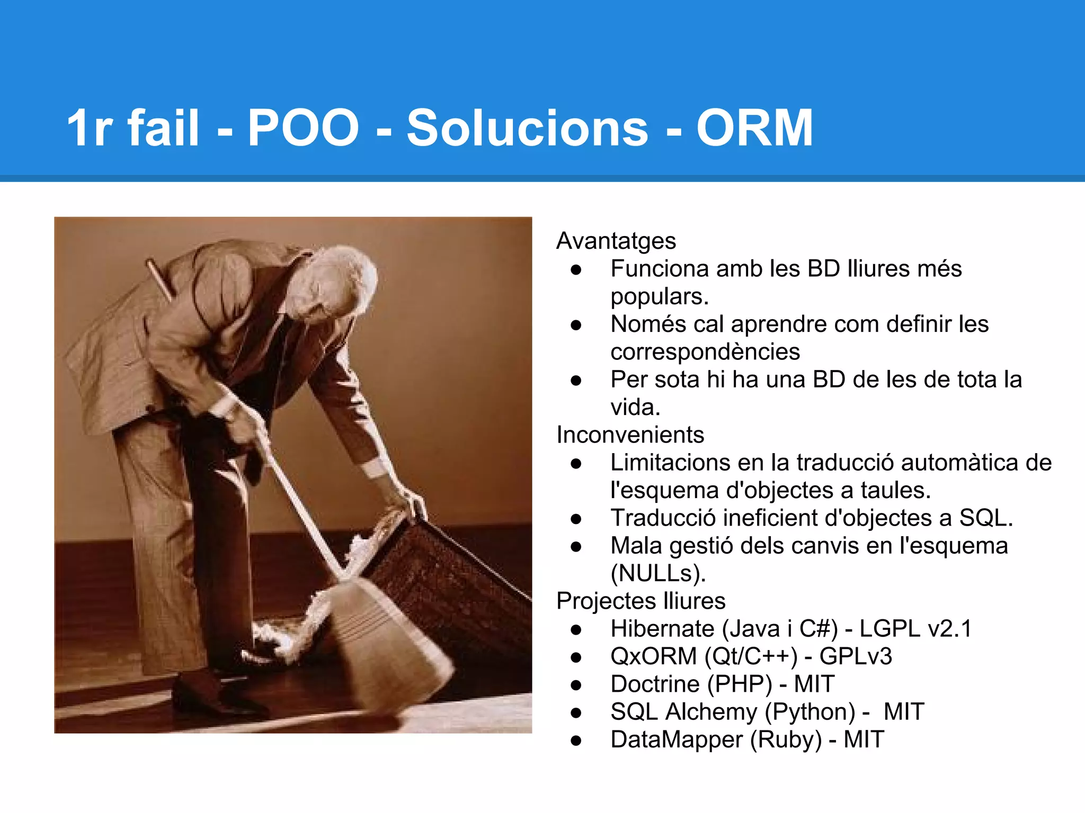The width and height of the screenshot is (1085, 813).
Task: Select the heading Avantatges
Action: click(616, 241)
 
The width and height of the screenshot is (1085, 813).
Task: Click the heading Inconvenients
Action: click(630, 435)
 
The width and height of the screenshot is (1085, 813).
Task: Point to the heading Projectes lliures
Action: click(641, 601)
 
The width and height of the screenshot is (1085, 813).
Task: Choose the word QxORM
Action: click(653, 656)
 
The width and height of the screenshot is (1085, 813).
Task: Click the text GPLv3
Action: click(856, 656)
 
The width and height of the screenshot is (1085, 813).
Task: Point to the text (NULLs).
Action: click(659, 573)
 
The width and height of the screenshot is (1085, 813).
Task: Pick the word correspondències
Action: click(705, 352)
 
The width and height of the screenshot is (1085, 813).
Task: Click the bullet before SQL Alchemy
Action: click(576, 712)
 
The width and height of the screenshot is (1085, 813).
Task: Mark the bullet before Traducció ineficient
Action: click(576, 519)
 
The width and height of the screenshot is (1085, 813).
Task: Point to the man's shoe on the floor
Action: click(212, 699)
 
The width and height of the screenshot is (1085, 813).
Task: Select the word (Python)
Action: click(810, 712)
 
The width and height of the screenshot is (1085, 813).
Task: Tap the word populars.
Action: click(660, 297)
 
